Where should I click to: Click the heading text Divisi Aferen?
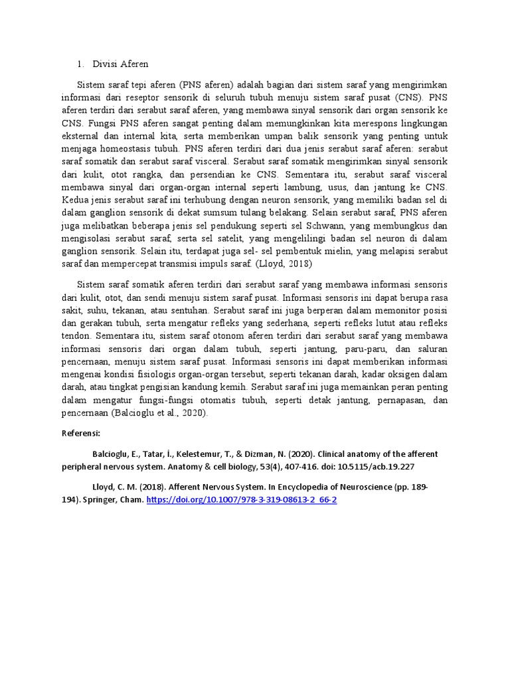[x=121, y=64]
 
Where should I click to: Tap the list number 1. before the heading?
[x=80, y=64]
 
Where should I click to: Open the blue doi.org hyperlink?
[x=242, y=499]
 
